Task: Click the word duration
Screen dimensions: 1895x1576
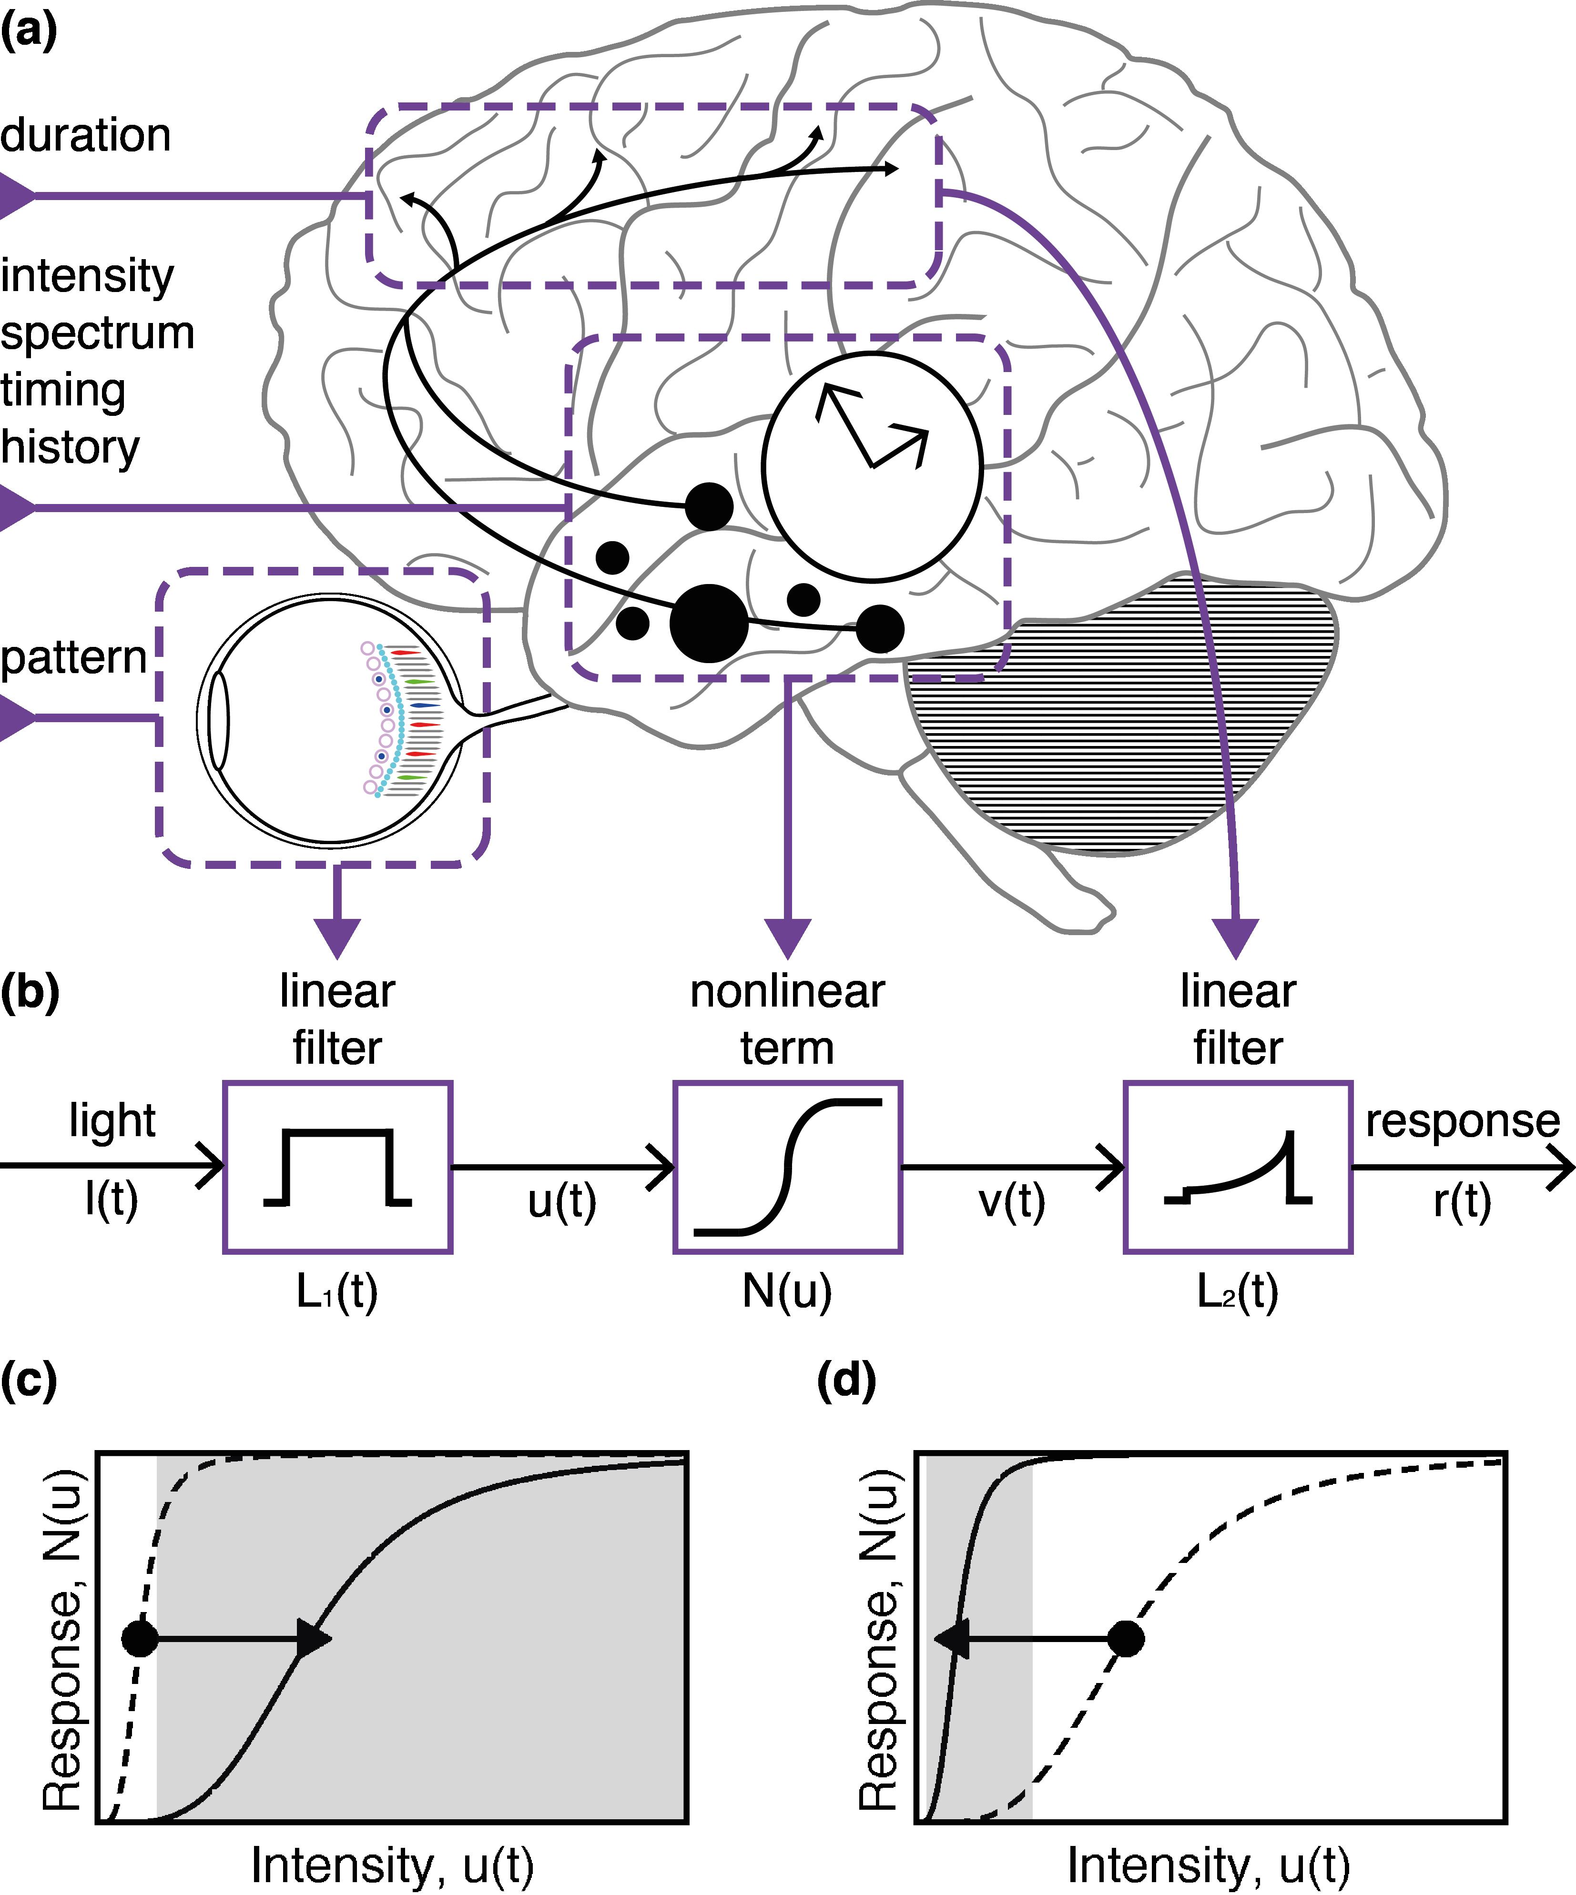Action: pos(86,135)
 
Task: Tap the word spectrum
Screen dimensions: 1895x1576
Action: pos(98,333)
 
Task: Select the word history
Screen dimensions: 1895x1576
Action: pos(71,447)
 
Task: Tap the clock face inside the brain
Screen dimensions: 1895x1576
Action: pos(871,465)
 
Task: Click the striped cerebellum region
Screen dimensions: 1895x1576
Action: pos(1119,713)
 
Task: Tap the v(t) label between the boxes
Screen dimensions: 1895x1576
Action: pos(1012,1202)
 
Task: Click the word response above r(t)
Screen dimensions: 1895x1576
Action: pos(1462,1121)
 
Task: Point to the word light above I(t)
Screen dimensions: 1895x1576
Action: pos(112,1121)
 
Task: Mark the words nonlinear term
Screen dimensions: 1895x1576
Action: pos(787,1020)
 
